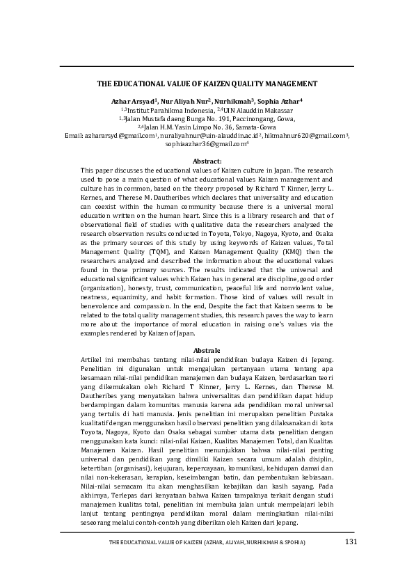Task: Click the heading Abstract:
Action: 207,161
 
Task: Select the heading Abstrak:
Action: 207,349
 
